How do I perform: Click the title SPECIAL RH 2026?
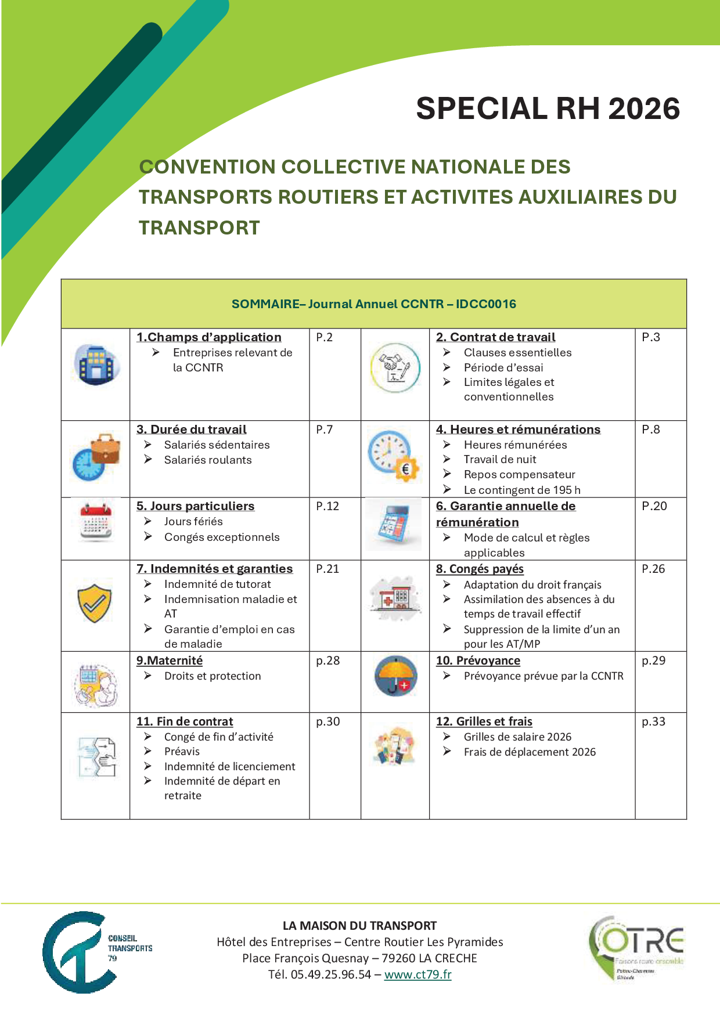click(x=548, y=109)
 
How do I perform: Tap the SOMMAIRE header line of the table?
click(x=373, y=304)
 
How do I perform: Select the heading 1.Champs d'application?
click(x=209, y=337)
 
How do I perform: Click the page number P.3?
click(x=651, y=337)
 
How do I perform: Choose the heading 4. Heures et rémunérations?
click(x=518, y=429)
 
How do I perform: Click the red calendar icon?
click(x=96, y=521)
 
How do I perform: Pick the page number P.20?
click(x=654, y=506)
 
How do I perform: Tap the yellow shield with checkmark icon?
click(x=95, y=603)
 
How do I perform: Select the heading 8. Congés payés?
click(x=480, y=569)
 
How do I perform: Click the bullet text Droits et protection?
click(x=213, y=676)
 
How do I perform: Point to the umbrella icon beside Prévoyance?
click(x=395, y=676)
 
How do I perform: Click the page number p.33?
click(x=653, y=721)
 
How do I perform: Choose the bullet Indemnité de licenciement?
click(x=229, y=767)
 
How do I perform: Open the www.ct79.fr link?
click(x=417, y=974)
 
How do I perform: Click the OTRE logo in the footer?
click(x=636, y=948)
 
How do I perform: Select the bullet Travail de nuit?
click(x=500, y=460)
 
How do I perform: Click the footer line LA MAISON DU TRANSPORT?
click(x=359, y=926)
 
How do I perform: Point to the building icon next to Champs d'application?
click(x=96, y=366)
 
